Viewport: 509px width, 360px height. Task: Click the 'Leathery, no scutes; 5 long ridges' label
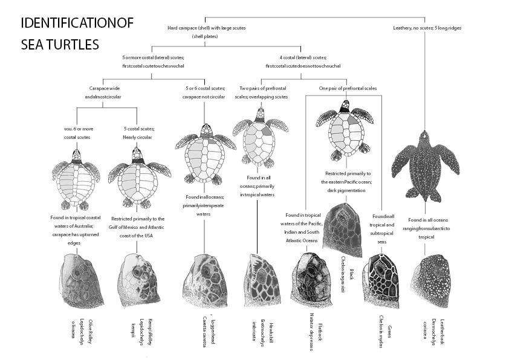click(427, 28)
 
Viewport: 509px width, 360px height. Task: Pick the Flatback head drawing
click(310, 280)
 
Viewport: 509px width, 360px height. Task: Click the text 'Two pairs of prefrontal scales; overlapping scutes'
click(264, 92)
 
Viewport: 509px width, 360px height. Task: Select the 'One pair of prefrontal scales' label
click(348, 89)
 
